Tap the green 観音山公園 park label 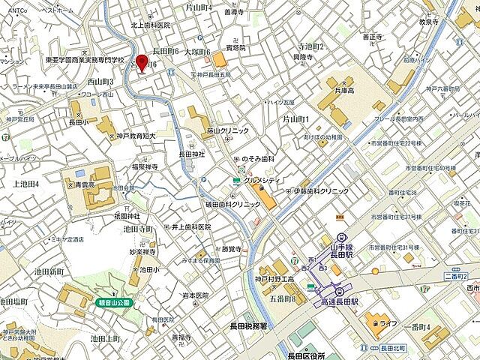112,303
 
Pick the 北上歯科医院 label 151,25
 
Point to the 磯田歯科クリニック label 235,204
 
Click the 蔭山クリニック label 227,130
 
